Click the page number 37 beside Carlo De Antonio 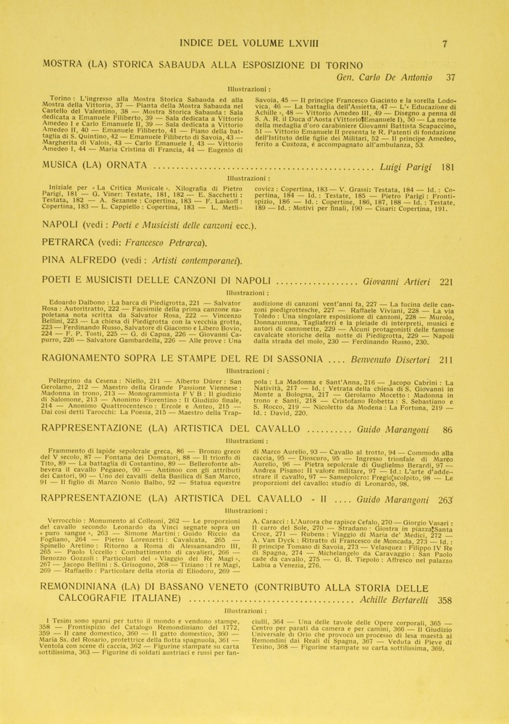450,77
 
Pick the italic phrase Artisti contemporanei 193,260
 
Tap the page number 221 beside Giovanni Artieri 446,282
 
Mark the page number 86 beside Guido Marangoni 447,429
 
